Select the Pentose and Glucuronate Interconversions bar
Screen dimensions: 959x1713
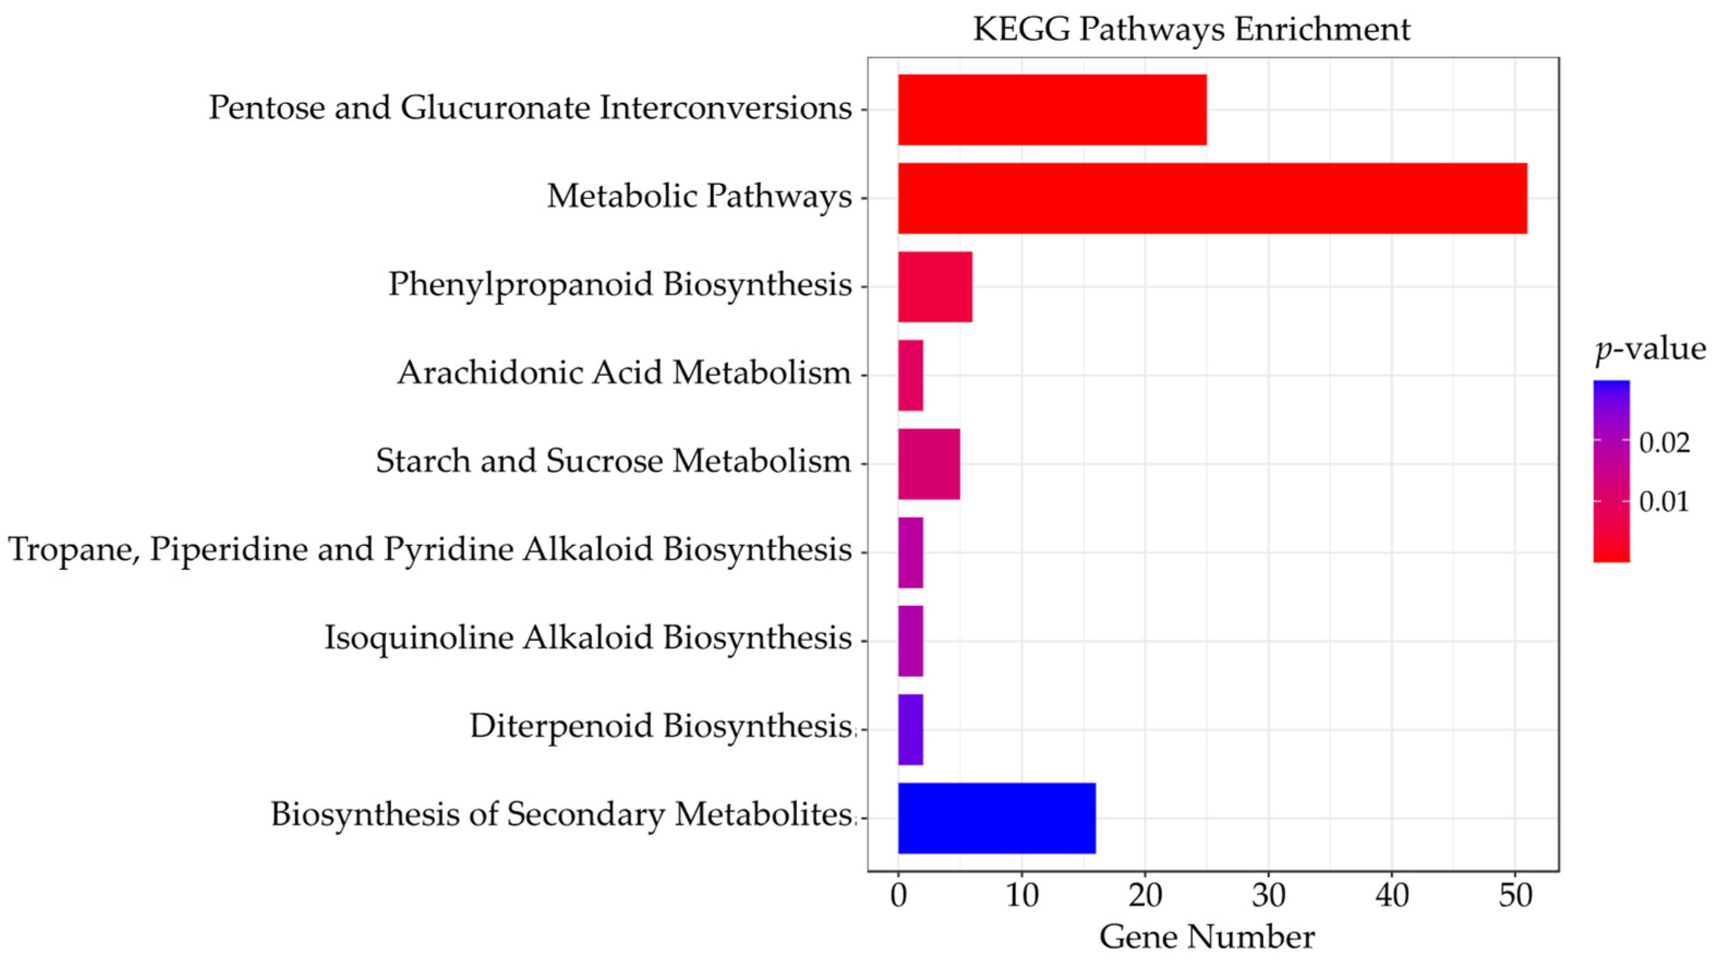pos(1052,110)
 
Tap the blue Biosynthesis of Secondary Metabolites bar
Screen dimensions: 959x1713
pos(996,817)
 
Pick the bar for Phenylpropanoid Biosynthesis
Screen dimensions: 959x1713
pos(935,287)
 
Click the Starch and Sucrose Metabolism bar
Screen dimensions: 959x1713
pos(928,464)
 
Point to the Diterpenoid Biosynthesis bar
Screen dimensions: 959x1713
pos(910,729)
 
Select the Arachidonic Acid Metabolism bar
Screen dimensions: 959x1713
pos(910,375)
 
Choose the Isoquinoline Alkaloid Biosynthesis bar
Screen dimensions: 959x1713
pos(910,641)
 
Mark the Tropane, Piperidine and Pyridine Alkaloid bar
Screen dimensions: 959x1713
pos(910,553)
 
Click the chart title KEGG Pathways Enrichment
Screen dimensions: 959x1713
pos(1191,29)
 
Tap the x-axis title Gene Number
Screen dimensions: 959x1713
pos(1207,937)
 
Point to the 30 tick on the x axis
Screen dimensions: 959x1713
pos(1268,896)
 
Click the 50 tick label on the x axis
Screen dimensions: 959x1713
pos(1515,896)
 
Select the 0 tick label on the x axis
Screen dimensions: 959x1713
pos(898,896)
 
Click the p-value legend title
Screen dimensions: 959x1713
pos(1650,349)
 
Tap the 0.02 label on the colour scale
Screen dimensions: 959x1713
pos(1664,442)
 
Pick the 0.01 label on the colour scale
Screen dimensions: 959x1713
pos(1664,502)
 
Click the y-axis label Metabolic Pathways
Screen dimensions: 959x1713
pos(699,196)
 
